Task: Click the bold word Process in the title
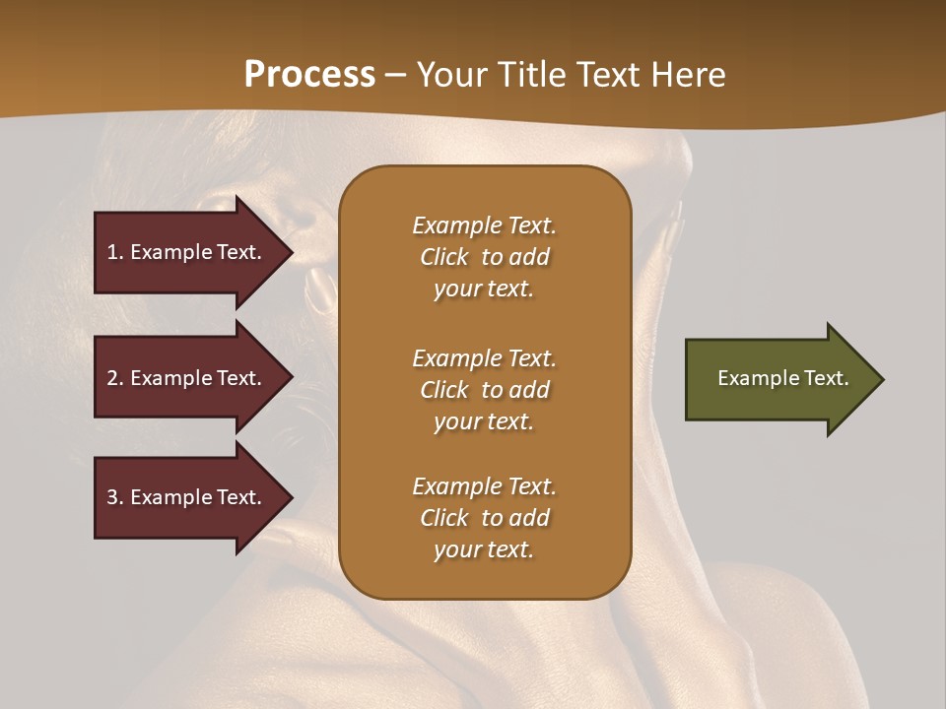[x=309, y=75]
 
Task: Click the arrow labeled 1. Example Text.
[x=187, y=252]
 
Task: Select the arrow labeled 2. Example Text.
[x=187, y=378]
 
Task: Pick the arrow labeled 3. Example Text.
[x=187, y=497]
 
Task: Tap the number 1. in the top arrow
[x=115, y=252]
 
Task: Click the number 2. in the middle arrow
[x=115, y=378]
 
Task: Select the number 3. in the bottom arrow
[x=115, y=497]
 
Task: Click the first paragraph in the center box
[x=484, y=257]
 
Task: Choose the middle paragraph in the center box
[x=484, y=390]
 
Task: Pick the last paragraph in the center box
[x=484, y=518]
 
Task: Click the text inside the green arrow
[x=782, y=378]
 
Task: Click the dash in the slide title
[x=395, y=75]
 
